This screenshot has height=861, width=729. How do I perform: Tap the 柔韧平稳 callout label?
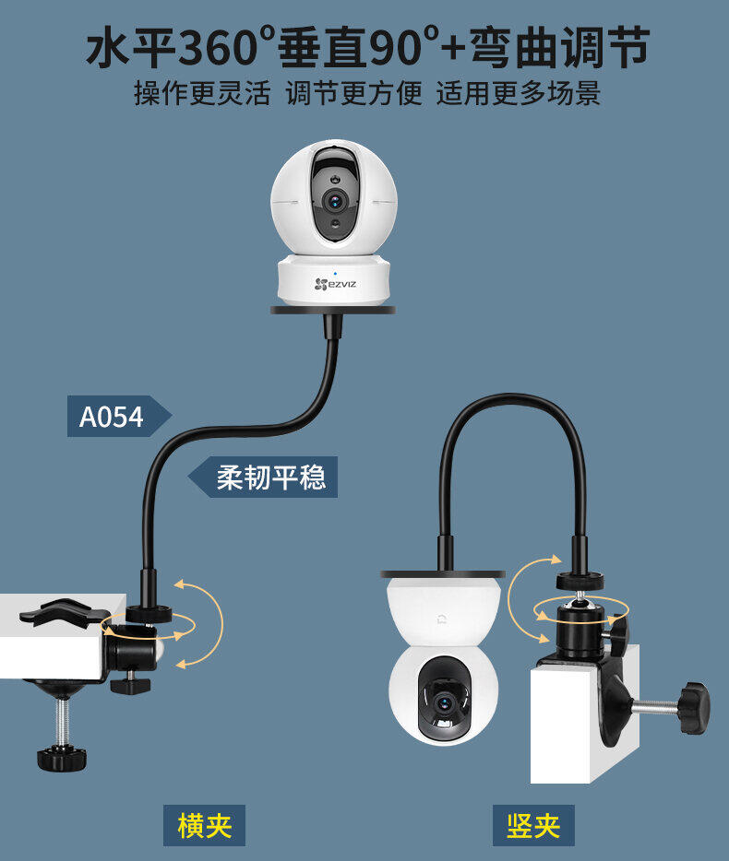click(263, 477)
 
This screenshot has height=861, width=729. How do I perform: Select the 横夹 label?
click(204, 825)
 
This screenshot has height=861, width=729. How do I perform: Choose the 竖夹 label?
click(533, 825)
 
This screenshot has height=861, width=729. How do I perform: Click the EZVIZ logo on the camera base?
click(335, 284)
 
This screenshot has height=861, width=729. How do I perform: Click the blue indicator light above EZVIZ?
click(335, 273)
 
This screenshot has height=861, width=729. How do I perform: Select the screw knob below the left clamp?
click(62, 759)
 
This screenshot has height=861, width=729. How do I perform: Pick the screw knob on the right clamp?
click(695, 708)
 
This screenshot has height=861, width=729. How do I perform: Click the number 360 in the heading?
click(218, 48)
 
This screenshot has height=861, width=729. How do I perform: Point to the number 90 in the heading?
click(395, 48)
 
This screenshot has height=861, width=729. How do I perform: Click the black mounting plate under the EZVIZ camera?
click(333, 311)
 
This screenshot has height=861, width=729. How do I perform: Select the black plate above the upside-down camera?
click(443, 573)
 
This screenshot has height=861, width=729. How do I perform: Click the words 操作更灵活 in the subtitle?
click(202, 93)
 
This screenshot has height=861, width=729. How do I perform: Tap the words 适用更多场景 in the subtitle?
click(519, 93)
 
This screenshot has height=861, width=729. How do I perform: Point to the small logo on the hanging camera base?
click(441, 619)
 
